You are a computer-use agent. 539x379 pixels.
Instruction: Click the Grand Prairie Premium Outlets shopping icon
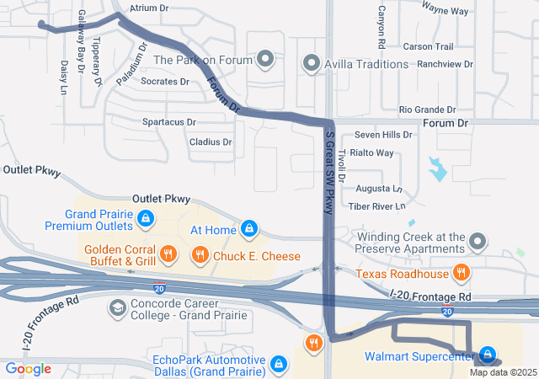(x=147, y=220)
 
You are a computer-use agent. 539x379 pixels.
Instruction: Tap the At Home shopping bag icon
(x=249, y=229)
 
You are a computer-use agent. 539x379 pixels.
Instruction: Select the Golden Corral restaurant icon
(x=168, y=253)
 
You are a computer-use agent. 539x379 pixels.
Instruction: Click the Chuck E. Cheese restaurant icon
(x=200, y=254)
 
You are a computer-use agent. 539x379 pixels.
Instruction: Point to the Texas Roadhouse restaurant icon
(x=461, y=272)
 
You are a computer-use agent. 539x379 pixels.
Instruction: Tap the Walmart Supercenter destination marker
(x=488, y=355)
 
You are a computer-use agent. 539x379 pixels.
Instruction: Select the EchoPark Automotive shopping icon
(x=278, y=364)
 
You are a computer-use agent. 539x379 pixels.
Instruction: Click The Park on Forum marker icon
(x=266, y=60)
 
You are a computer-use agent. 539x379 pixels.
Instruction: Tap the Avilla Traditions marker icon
(x=312, y=62)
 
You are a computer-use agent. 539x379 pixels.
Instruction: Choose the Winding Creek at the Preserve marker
(x=478, y=243)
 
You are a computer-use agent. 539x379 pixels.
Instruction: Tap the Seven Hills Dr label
(x=383, y=134)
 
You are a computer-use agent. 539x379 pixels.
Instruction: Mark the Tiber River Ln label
(x=377, y=206)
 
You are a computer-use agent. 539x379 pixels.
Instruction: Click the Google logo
(x=28, y=368)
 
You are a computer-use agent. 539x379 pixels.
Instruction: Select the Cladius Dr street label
(x=211, y=142)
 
